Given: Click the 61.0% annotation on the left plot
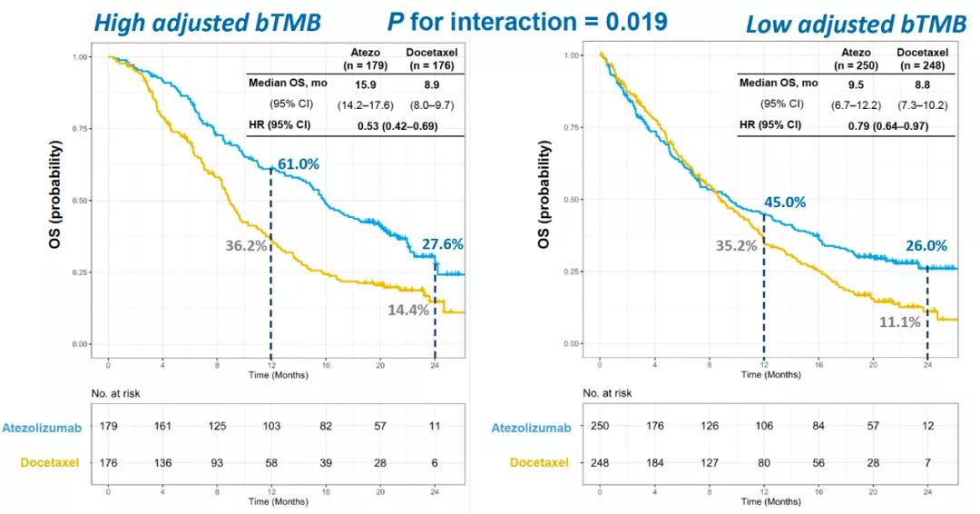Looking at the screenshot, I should pyautogui.click(x=299, y=163).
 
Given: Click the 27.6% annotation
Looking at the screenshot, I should pyautogui.click(x=444, y=243).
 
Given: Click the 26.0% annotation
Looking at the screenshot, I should pyautogui.click(x=926, y=245).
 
